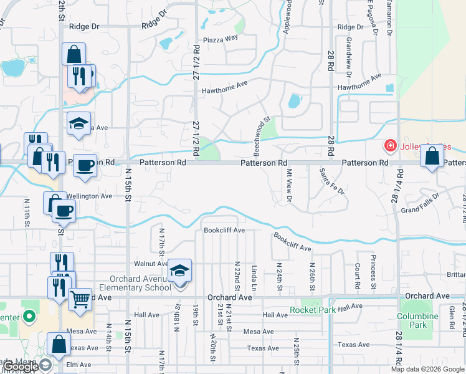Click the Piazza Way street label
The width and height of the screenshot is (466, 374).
pos(222,37)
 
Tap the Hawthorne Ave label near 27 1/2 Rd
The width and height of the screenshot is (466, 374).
pos(225,90)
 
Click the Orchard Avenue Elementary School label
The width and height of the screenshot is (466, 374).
pos(141,283)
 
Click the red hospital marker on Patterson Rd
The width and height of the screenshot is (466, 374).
pos(391,146)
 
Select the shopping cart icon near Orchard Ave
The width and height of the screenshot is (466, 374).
pos(79,299)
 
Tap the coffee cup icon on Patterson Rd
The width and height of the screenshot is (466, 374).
pos(85,165)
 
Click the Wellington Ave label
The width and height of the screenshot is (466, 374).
pos(89,196)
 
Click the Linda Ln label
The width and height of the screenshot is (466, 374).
pos(254,274)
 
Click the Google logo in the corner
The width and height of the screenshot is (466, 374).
pos(21,367)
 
